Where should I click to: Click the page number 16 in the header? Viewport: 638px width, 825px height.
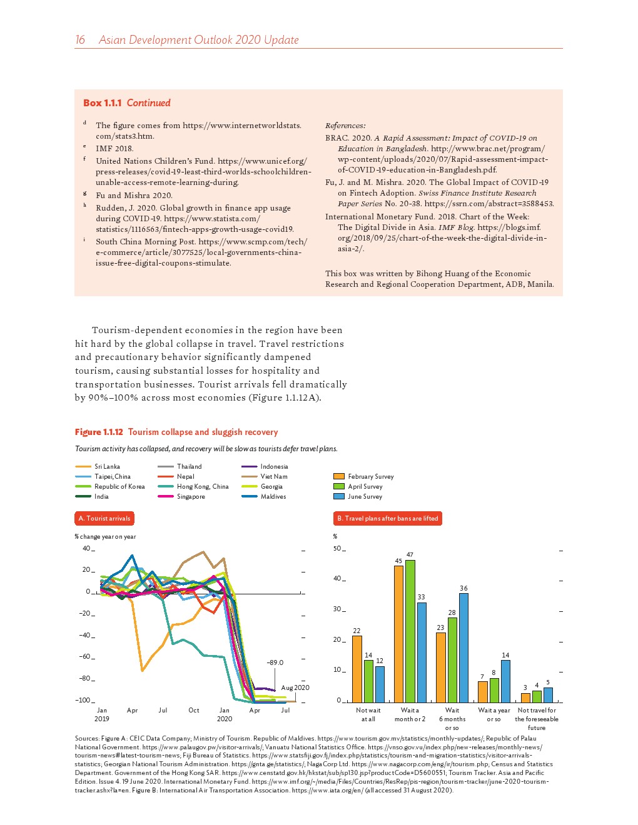click(80, 40)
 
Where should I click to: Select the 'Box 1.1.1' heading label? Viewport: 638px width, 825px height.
click(103, 103)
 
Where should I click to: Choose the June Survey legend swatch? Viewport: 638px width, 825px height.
click(339, 497)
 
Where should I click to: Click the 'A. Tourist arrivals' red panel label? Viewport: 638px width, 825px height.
click(104, 518)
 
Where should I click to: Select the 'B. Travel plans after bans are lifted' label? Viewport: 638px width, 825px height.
click(387, 518)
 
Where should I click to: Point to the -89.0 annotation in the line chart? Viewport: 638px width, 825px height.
click(275, 662)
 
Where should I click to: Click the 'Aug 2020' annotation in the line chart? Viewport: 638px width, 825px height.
click(295, 687)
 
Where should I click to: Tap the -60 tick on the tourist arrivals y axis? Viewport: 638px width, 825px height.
click(84, 657)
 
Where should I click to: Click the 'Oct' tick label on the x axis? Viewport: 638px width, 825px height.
click(194, 710)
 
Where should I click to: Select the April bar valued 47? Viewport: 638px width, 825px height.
click(410, 631)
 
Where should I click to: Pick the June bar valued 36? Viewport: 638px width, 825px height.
click(463, 647)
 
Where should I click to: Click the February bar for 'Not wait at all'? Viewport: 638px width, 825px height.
click(357, 669)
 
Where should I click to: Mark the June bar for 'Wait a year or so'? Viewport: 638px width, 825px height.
click(505, 681)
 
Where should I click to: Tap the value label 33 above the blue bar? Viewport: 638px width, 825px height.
click(422, 597)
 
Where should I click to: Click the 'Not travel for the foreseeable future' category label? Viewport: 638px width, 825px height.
click(537, 719)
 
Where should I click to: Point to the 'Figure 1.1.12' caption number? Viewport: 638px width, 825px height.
click(99, 432)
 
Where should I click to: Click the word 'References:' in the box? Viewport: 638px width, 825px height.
click(345, 126)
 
